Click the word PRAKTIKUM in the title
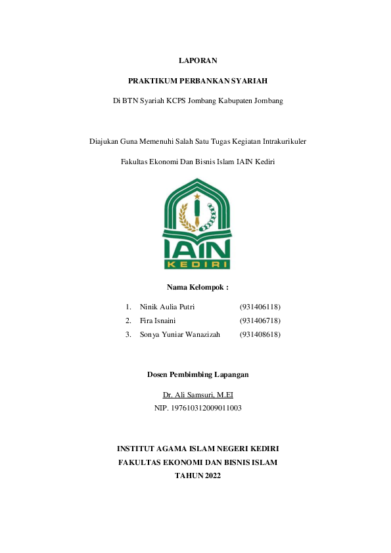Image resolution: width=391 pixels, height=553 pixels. [x=151, y=81]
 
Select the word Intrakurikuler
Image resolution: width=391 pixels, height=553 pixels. [x=281, y=141]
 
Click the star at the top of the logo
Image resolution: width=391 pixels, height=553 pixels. [x=196, y=195]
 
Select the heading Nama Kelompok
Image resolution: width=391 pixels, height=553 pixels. [x=197, y=287]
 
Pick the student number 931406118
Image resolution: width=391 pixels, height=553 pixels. [x=260, y=307]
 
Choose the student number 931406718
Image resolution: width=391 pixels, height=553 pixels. [x=260, y=321]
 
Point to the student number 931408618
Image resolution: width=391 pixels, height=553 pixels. [x=260, y=334]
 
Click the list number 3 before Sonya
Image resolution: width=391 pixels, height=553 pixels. [x=127, y=334]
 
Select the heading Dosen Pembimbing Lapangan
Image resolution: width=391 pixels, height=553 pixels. [x=197, y=374]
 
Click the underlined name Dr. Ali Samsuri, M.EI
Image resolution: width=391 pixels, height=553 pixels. [x=198, y=395]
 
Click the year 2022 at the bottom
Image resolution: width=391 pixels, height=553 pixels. [x=212, y=476]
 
